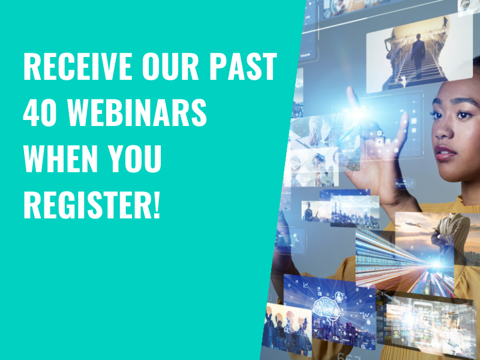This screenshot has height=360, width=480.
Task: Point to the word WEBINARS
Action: click(137, 112)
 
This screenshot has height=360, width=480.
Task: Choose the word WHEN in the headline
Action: click(61, 158)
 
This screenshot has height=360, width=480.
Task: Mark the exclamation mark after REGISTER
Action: click(157, 204)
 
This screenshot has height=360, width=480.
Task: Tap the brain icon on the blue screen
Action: click(326, 307)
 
